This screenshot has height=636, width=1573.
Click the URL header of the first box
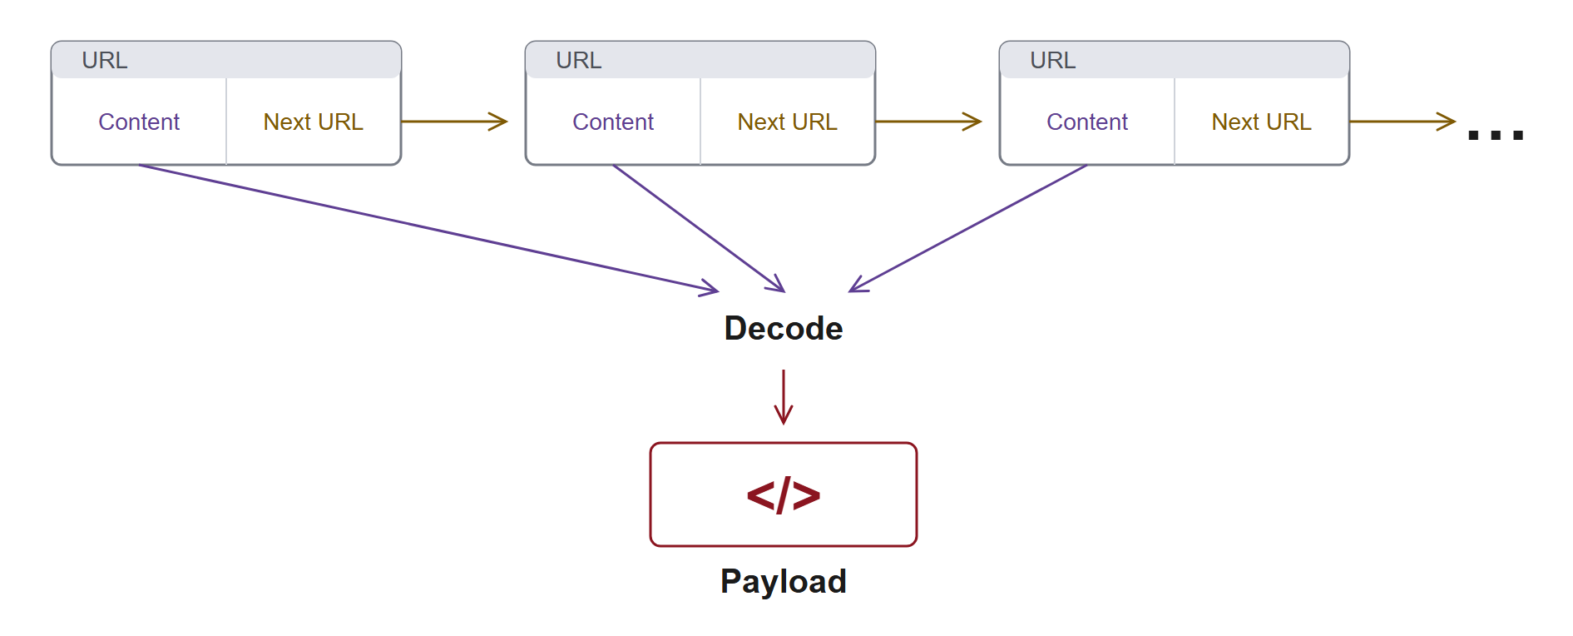(105, 61)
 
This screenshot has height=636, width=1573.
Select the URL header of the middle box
(579, 61)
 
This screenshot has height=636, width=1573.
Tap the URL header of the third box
(1053, 61)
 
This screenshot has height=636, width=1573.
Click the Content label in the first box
(139, 122)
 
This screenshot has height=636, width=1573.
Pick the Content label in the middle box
(613, 122)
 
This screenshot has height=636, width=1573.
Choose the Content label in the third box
(1087, 122)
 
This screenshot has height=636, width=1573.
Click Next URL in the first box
(314, 122)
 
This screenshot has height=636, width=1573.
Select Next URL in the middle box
(788, 122)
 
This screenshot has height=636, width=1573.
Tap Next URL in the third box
(1262, 122)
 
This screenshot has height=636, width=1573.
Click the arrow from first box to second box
(454, 122)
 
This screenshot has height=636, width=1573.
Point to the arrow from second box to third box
(928, 122)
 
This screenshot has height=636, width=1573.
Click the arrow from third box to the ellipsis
(1402, 122)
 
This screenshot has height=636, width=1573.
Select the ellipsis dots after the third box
(1496, 135)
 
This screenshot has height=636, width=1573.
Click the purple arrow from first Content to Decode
(428, 228)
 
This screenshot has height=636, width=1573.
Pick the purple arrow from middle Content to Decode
(699, 228)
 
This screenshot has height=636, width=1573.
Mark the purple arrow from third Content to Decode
(967, 228)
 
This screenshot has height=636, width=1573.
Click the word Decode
(784, 329)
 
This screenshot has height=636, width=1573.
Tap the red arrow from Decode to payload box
(784, 397)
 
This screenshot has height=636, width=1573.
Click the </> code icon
(784, 495)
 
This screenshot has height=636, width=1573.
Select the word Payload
(784, 582)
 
